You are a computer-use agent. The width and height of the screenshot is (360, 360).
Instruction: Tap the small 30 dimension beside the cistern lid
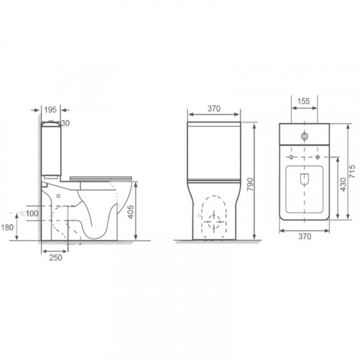[66, 123]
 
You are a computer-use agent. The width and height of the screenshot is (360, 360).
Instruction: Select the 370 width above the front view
[213, 107]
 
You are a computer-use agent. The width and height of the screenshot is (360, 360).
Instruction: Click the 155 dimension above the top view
[305, 102]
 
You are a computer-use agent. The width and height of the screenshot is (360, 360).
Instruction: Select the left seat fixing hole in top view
[290, 156]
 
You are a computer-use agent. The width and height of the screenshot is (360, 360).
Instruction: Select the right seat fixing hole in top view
[318, 156]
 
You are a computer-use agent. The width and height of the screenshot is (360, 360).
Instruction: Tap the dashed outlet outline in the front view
[213, 216]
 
